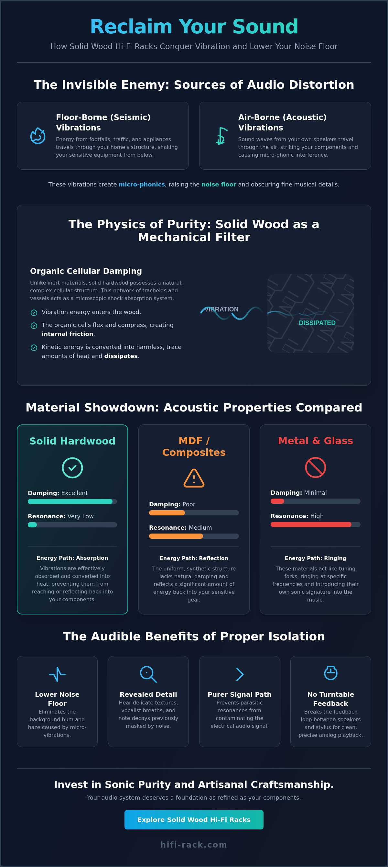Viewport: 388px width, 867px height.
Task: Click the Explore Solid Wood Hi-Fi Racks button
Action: (x=194, y=819)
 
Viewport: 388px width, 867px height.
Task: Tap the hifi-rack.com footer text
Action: (x=194, y=844)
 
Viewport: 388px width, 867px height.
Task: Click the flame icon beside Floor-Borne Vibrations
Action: (x=38, y=136)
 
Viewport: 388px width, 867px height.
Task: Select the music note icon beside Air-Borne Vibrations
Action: (x=221, y=136)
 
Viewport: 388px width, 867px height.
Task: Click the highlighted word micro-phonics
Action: (x=142, y=185)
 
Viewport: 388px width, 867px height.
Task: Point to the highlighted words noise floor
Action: (x=219, y=185)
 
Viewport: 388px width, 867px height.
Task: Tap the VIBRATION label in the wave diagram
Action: (x=221, y=309)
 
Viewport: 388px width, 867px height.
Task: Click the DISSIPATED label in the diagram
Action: (x=317, y=323)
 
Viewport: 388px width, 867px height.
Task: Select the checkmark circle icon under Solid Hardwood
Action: (x=72, y=468)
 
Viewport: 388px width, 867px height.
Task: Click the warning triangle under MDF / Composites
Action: (x=194, y=478)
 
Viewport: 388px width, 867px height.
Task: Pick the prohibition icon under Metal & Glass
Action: (x=315, y=467)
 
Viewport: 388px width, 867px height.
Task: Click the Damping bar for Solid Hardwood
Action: (x=72, y=501)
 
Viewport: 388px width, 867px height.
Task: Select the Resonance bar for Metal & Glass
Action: (x=315, y=524)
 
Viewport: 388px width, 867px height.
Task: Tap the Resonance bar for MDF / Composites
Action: (x=194, y=536)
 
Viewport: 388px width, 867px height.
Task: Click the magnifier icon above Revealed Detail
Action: (x=148, y=674)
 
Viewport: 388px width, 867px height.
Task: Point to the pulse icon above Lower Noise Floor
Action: (x=57, y=674)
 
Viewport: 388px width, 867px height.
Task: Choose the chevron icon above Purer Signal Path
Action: (x=240, y=674)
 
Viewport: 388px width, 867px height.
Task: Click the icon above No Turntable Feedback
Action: (x=330, y=673)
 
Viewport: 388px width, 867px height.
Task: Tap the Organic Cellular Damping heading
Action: (x=86, y=271)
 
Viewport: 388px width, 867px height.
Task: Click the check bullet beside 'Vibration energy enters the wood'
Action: (x=34, y=313)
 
